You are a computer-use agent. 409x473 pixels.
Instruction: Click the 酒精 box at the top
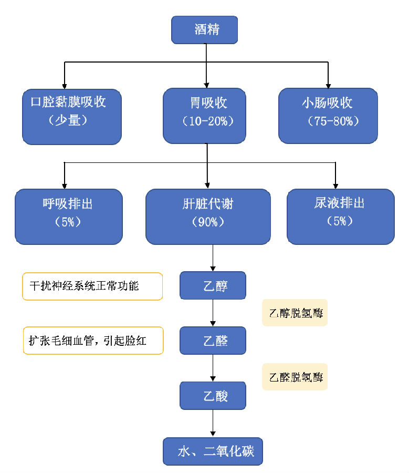205,29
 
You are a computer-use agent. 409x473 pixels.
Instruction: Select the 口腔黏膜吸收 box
72,116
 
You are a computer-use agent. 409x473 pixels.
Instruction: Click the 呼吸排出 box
68,217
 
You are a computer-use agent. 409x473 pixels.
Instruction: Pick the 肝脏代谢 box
208,217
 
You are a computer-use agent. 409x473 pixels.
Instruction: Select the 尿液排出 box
340,217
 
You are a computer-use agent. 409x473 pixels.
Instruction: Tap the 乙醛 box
213,341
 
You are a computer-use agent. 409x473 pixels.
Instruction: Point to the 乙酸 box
213,396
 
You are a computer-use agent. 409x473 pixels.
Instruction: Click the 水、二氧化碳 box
213,451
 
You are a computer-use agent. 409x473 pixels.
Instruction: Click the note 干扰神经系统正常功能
92,286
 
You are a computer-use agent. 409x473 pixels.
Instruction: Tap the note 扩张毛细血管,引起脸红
93,341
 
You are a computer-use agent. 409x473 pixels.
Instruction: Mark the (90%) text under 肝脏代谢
208,222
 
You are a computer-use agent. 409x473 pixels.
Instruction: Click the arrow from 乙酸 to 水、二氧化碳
213,423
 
